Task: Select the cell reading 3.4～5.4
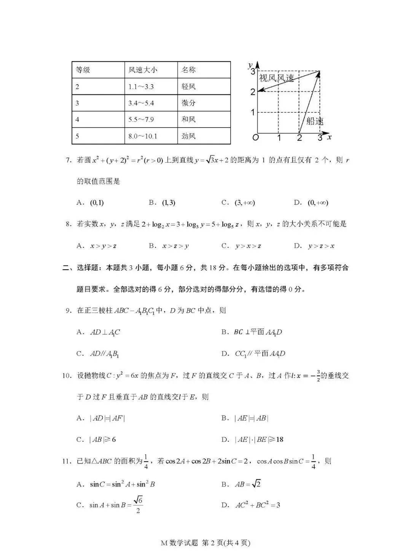[141, 103]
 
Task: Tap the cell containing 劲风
[188, 136]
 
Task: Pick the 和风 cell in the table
[188, 120]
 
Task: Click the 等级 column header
[83, 70]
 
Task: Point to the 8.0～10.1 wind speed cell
[143, 136]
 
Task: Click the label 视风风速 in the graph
[277, 78]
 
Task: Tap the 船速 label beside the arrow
[315, 121]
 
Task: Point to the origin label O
[255, 137]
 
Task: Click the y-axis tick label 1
[253, 112]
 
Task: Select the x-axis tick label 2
[299, 138]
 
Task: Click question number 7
[68, 160]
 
